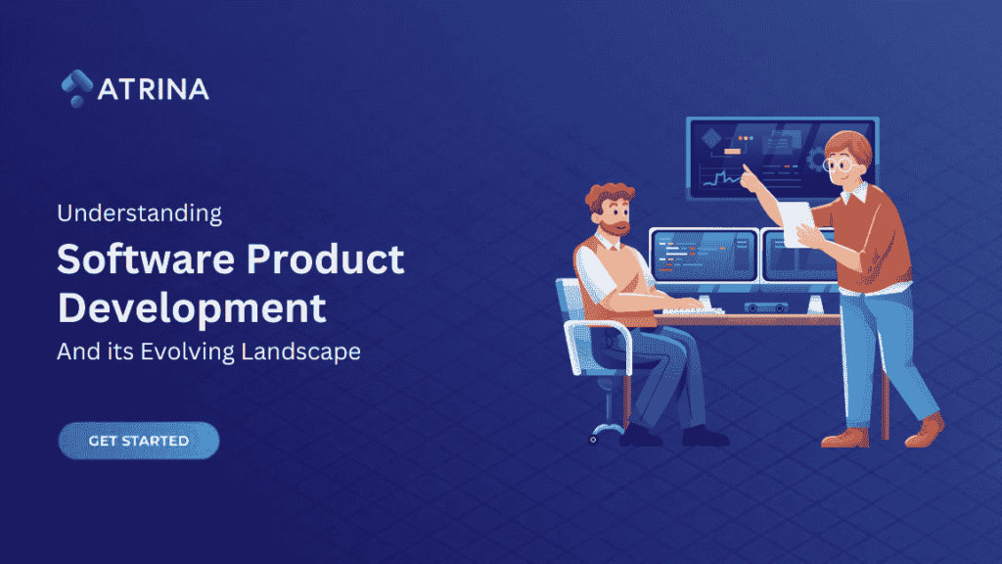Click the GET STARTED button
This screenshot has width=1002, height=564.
click(139, 441)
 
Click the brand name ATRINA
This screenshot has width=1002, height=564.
click(154, 89)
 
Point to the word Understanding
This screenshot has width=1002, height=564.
click(139, 211)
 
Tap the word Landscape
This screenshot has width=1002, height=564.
click(301, 352)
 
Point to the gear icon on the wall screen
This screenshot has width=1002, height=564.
click(818, 159)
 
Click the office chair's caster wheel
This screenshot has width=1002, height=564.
click(593, 440)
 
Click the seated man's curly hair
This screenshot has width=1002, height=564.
click(609, 195)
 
